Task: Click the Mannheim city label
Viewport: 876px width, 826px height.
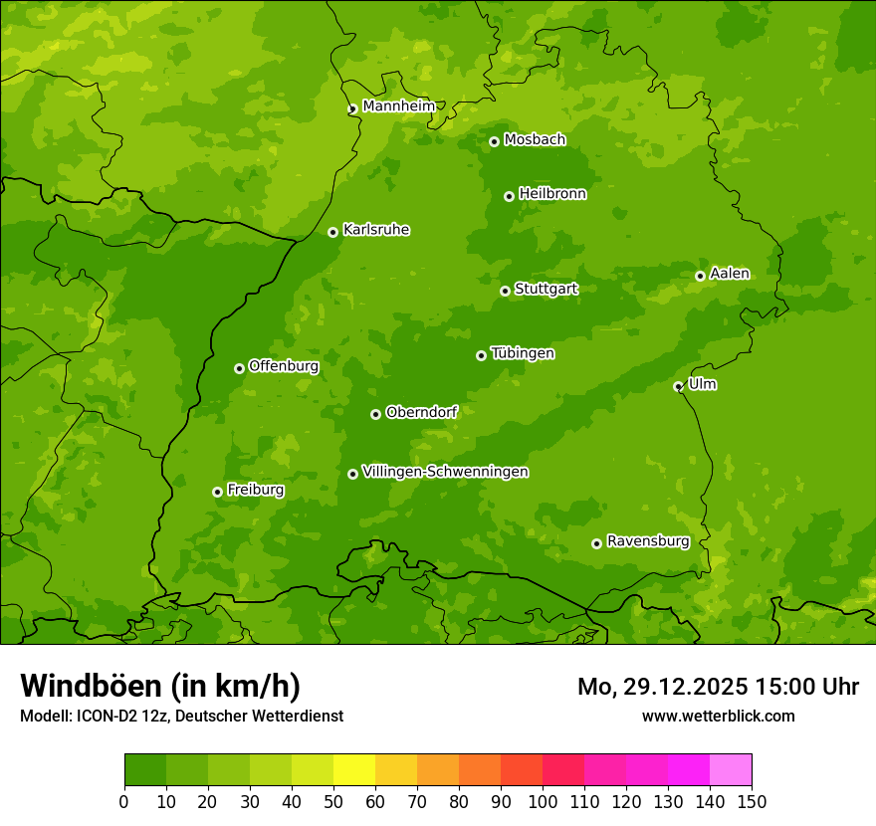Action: (399, 105)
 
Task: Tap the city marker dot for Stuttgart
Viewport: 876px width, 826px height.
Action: (505, 291)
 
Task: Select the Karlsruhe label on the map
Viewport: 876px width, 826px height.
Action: (376, 230)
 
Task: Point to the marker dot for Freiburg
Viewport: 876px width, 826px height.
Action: (217, 492)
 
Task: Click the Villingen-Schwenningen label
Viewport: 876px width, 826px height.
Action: (445, 472)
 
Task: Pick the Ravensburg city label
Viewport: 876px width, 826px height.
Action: (648, 541)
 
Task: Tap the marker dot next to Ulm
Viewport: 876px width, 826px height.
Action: (678, 386)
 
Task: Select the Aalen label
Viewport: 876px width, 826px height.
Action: (730, 274)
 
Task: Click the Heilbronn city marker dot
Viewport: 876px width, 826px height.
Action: (509, 196)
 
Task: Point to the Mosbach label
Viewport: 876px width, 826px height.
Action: (535, 139)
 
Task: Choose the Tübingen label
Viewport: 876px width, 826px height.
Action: (523, 353)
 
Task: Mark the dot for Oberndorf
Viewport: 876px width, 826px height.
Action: (375, 414)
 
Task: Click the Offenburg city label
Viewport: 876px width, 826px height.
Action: (284, 366)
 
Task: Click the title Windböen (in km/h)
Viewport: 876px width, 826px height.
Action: (160, 686)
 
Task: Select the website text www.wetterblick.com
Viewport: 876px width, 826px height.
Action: (718, 716)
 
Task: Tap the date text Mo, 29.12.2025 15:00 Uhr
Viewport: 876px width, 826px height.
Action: (718, 687)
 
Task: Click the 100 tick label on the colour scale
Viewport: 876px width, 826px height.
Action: (542, 801)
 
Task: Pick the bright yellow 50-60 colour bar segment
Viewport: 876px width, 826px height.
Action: (353, 770)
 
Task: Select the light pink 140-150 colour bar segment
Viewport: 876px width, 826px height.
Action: (730, 770)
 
